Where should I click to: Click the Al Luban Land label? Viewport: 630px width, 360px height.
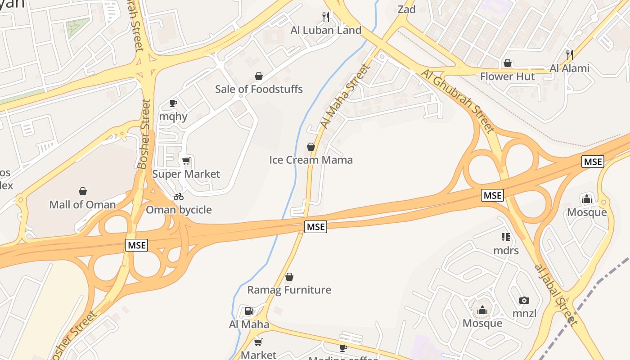tap(326, 30)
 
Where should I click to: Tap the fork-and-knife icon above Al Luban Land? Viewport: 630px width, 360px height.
tap(326, 17)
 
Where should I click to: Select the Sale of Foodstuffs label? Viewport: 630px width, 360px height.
tap(259, 89)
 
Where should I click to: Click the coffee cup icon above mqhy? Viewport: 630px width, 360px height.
tap(173, 103)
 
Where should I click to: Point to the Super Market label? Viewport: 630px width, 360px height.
tap(186, 174)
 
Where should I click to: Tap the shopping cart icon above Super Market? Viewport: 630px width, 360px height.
tap(186, 161)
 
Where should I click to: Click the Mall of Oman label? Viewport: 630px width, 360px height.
tap(82, 205)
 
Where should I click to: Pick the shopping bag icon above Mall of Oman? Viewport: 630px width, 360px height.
tap(83, 191)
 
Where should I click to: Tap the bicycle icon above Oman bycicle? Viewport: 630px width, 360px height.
tap(179, 197)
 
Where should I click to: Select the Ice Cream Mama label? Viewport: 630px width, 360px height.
tap(311, 160)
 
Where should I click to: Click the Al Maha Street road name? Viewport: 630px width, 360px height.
tap(345, 96)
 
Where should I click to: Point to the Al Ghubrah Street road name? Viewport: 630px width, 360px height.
tap(458, 101)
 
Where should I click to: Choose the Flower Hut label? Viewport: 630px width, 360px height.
tap(507, 76)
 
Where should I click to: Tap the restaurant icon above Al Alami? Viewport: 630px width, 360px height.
tap(570, 55)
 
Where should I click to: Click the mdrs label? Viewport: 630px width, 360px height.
tap(506, 250)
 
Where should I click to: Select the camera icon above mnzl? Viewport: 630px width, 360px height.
tap(524, 300)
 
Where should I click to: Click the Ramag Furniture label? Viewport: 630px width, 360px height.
tap(289, 290)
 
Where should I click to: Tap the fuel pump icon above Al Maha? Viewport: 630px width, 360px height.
tap(249, 311)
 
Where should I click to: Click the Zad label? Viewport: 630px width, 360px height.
tap(406, 9)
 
